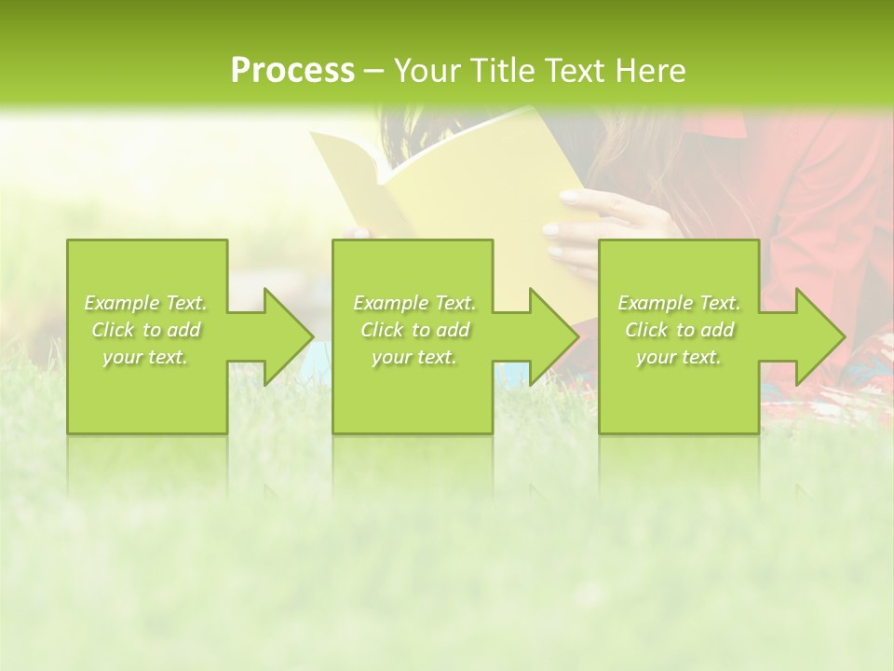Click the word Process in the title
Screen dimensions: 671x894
pyautogui.click(x=292, y=70)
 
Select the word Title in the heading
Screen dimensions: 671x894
pyautogui.click(x=504, y=70)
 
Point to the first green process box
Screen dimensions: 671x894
pyautogui.click(x=147, y=391)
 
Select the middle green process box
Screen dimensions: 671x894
pyautogui.click(x=413, y=391)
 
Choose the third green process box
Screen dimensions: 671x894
pyautogui.click(x=678, y=391)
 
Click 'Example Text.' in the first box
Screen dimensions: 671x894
pyautogui.click(x=146, y=303)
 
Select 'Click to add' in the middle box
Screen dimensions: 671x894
pyautogui.click(x=414, y=330)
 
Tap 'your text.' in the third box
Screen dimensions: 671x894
pyautogui.click(x=678, y=357)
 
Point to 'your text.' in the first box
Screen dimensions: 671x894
pyautogui.click(x=146, y=357)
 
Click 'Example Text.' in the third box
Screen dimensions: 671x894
pyautogui.click(x=679, y=303)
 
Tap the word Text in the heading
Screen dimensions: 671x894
pyautogui.click(x=576, y=70)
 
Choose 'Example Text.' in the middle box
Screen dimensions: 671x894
pyautogui.click(x=414, y=303)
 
